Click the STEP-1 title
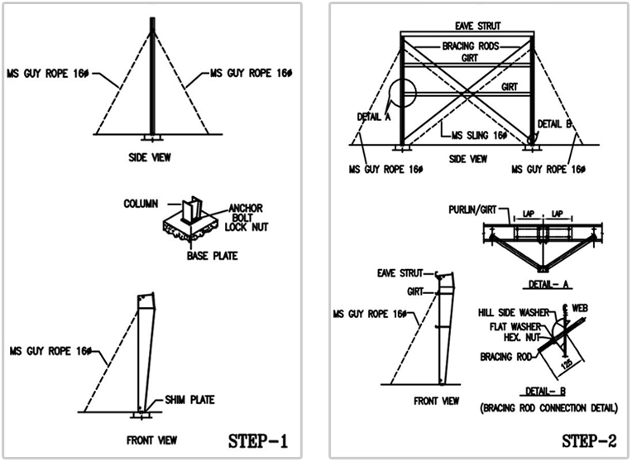258,440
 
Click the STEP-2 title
589,441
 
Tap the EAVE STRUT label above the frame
478,26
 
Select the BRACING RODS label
471,46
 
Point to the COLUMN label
141,204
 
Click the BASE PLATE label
212,256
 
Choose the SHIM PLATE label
189,400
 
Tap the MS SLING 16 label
479,135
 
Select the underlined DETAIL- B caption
545,391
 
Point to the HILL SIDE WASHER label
514,313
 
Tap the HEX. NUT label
521,337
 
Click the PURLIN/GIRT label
472,209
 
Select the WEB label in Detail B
580,308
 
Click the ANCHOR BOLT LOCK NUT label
247,218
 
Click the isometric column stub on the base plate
190,210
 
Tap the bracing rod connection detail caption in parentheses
548,408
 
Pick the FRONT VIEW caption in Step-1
151,440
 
